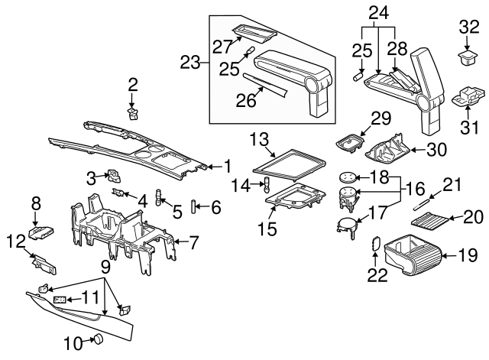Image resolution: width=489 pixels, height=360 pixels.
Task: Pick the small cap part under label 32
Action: (465, 56)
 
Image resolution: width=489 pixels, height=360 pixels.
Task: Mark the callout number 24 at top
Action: (379, 12)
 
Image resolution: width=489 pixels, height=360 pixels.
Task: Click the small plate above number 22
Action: (375, 243)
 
